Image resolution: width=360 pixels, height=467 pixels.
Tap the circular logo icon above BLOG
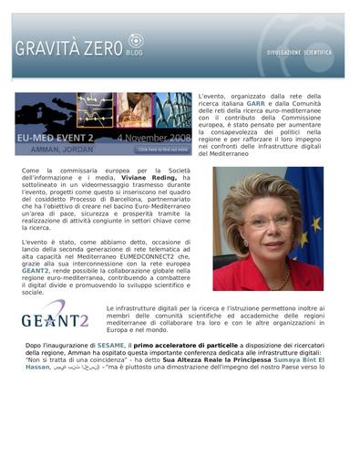click(136, 40)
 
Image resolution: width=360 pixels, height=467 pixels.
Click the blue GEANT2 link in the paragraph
click(36, 271)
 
